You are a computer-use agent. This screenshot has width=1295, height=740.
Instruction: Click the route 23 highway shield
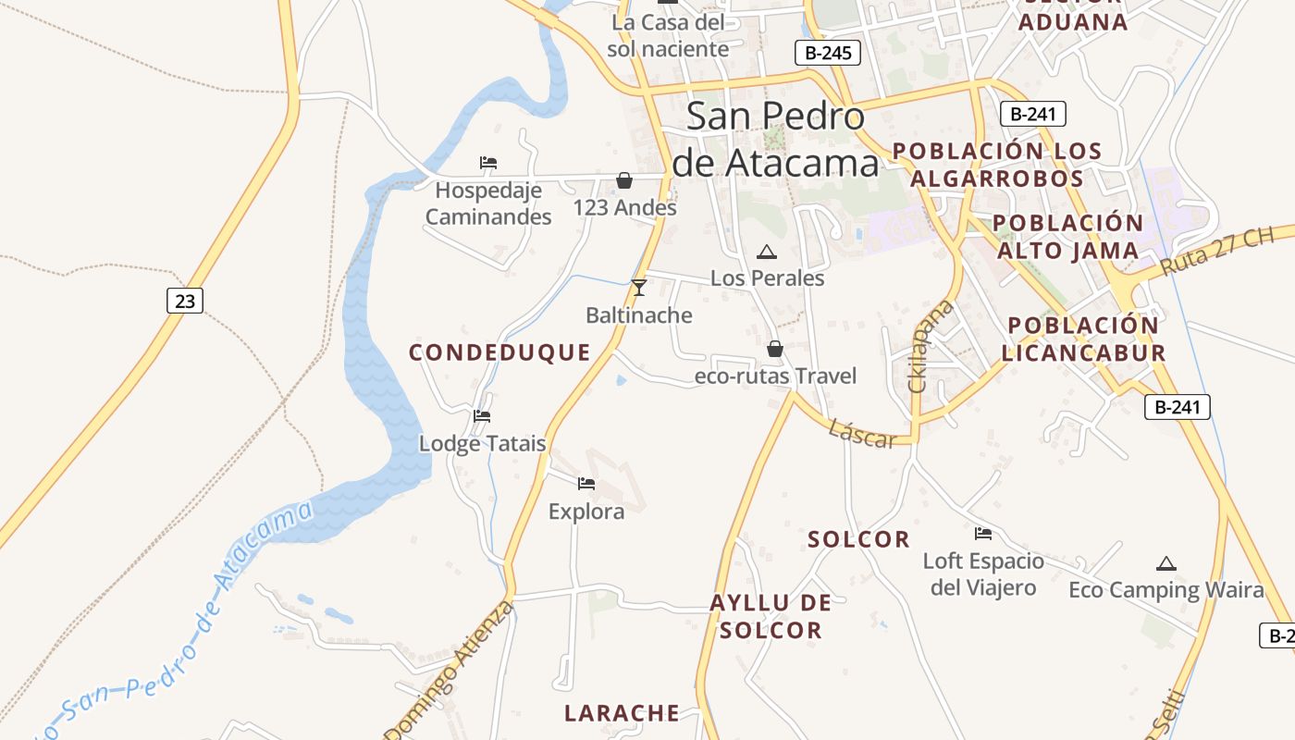pyautogui.click(x=185, y=301)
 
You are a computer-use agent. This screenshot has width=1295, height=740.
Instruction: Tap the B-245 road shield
pyautogui.click(x=828, y=53)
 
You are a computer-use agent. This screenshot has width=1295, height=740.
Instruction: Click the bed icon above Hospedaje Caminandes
pyautogui.click(x=488, y=163)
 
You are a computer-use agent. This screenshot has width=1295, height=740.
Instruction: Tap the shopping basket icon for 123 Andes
pyautogui.click(x=624, y=179)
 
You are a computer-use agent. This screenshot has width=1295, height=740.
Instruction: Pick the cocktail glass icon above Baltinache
pyautogui.click(x=638, y=288)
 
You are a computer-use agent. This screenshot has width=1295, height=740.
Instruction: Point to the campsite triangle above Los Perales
pyautogui.click(x=767, y=252)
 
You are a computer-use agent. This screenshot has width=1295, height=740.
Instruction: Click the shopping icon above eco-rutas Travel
pyautogui.click(x=775, y=349)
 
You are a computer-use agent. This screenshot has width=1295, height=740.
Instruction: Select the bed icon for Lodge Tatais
pyautogui.click(x=482, y=416)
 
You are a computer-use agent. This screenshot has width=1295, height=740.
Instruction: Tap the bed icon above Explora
pyautogui.click(x=586, y=483)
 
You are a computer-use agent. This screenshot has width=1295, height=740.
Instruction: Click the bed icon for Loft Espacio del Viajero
pyautogui.click(x=982, y=534)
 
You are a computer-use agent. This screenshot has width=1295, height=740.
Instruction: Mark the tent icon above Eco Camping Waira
pyautogui.click(x=1165, y=563)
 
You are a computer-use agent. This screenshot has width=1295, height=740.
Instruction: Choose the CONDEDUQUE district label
pyautogui.click(x=499, y=352)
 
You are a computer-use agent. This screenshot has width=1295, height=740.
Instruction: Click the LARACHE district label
pyautogui.click(x=622, y=713)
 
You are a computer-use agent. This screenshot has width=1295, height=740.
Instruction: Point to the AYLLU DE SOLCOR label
pyautogui.click(x=771, y=617)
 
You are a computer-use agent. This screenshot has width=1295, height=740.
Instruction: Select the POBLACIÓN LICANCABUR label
pyautogui.click(x=1082, y=339)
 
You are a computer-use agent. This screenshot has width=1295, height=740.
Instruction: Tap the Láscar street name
pyautogui.click(x=862, y=433)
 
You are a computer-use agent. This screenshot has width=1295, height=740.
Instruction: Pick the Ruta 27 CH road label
pyautogui.click(x=1215, y=250)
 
